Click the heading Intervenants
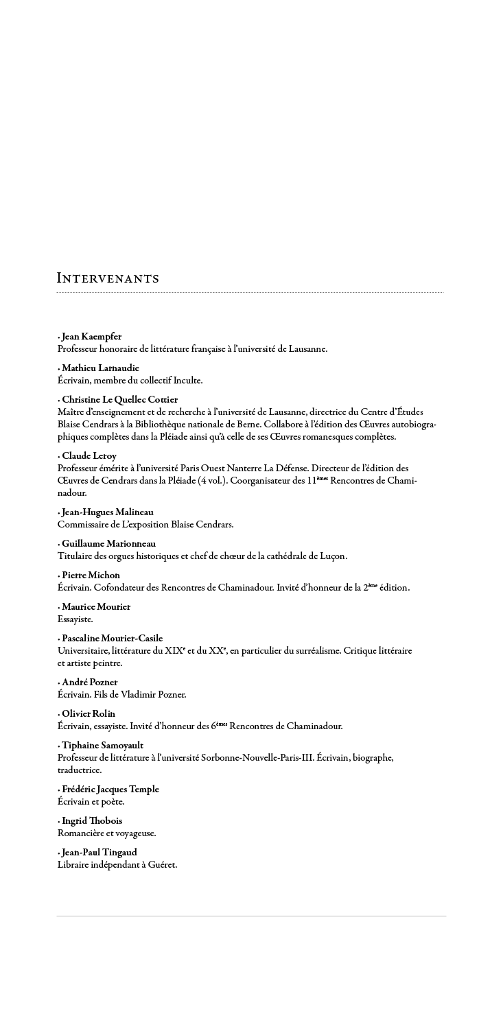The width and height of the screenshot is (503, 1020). [x=108, y=278]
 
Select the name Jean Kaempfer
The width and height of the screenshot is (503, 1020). [x=91, y=337]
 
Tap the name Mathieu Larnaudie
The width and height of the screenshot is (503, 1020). [x=100, y=368]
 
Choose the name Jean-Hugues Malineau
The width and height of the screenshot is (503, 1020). [x=107, y=512]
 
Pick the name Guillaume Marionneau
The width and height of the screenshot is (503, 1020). [x=109, y=543]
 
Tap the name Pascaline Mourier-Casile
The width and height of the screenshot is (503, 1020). [x=112, y=638]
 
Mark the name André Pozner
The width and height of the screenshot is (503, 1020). [x=89, y=682]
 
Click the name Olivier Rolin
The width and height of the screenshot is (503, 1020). [x=89, y=713]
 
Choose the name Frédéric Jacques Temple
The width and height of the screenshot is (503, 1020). [x=110, y=789]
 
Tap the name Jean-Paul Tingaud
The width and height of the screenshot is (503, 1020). [x=99, y=852]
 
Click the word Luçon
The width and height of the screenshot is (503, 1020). [x=331, y=556]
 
